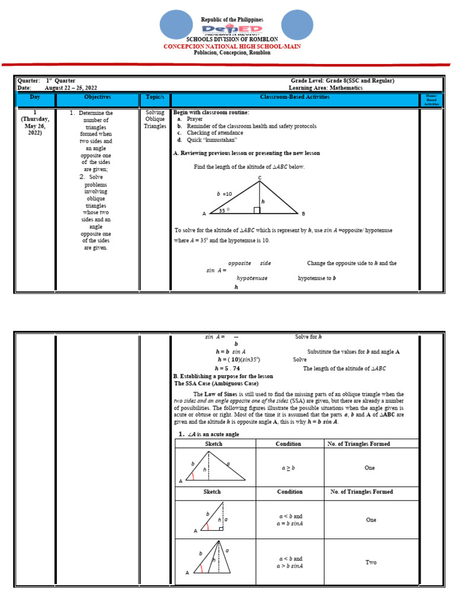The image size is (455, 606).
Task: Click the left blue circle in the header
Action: click(x=177, y=28)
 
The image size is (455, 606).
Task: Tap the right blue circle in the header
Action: click(x=296, y=28)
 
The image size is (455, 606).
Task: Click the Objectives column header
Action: click(x=98, y=97)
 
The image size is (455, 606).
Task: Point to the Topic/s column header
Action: click(x=155, y=97)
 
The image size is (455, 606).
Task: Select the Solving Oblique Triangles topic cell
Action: click(x=155, y=119)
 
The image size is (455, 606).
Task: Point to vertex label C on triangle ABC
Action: click(x=259, y=178)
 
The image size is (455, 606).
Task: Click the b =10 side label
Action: click(x=225, y=194)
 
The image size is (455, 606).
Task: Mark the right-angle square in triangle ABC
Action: click(x=257, y=210)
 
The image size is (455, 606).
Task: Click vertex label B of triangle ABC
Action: click(x=303, y=214)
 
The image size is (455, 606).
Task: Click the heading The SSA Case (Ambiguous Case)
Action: click(x=216, y=383)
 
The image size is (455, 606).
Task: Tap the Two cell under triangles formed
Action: click(x=370, y=562)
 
